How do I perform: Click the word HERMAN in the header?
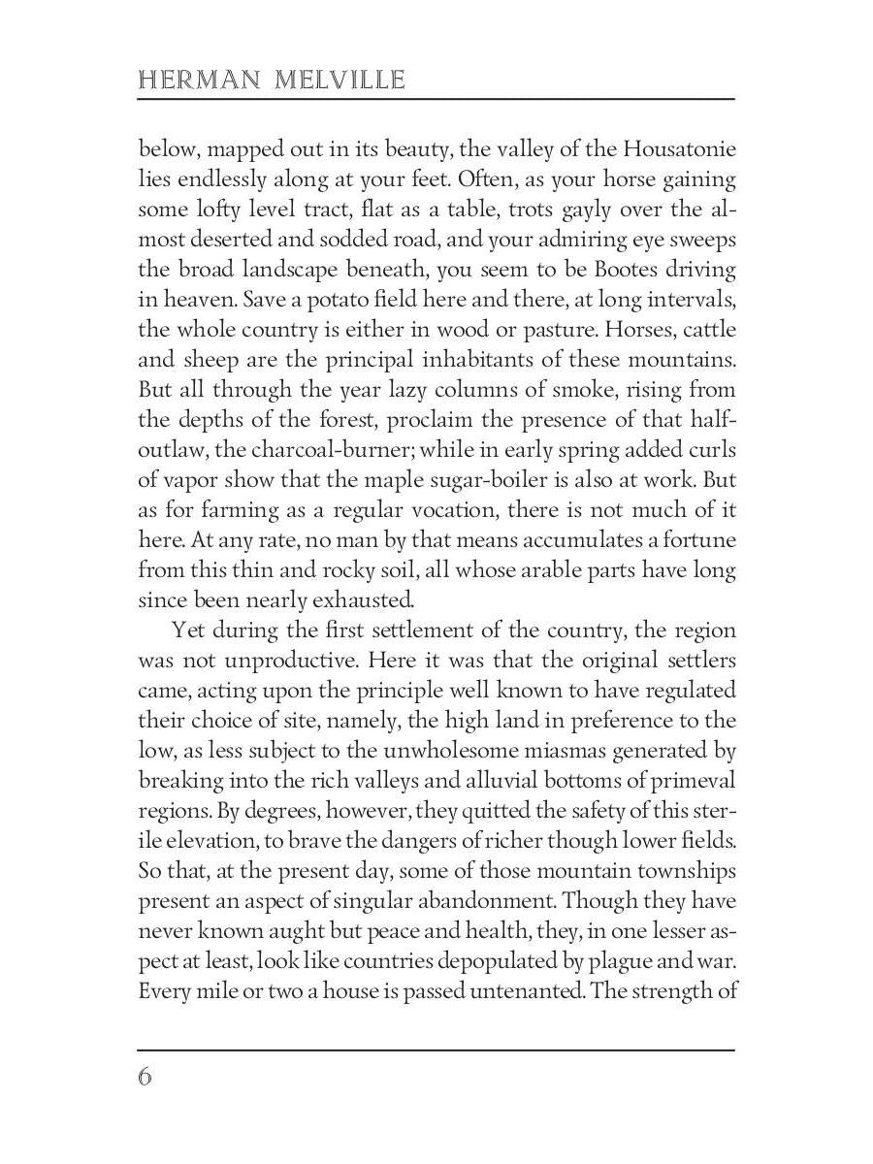[x=187, y=80]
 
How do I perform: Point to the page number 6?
[x=145, y=1078]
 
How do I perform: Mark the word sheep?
[x=203, y=360]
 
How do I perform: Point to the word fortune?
[x=691, y=540]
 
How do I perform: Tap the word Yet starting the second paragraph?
[x=188, y=631]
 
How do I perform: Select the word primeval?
[x=695, y=782]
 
